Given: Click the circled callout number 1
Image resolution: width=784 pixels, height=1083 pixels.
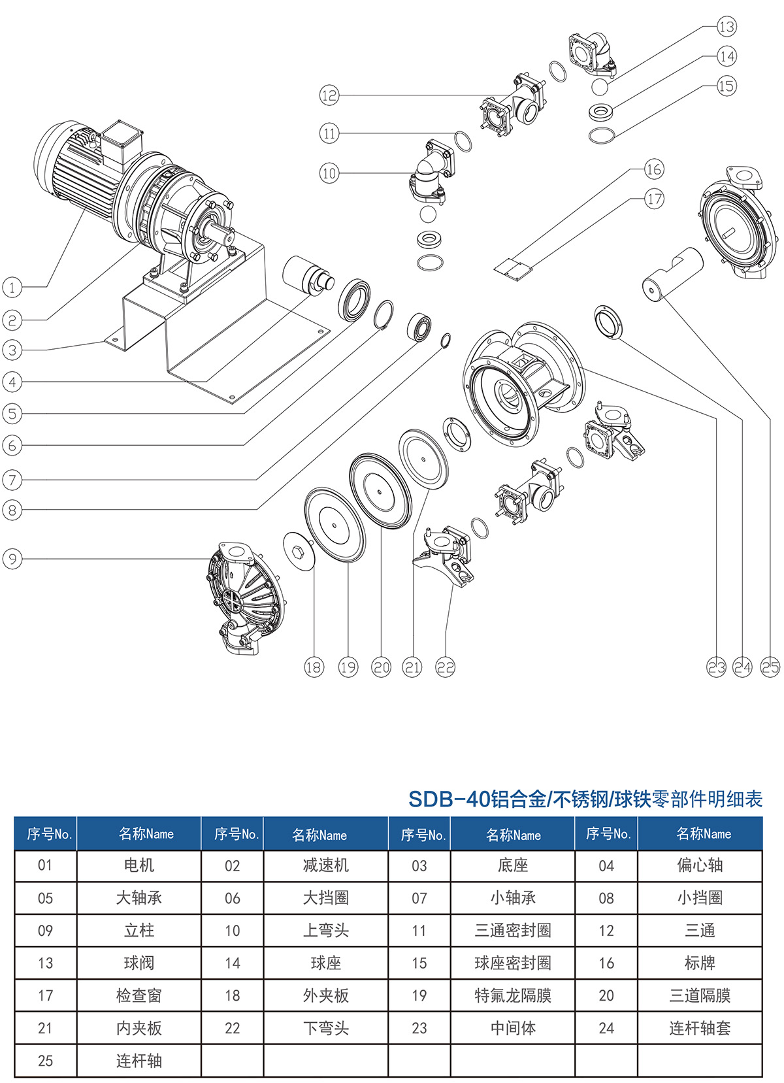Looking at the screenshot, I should pyautogui.click(x=12, y=287).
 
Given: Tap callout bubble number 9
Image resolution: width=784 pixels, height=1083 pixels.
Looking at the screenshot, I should pyautogui.click(x=12, y=559).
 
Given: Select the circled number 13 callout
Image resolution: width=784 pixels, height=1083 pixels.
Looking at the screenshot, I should pyautogui.click(x=727, y=27).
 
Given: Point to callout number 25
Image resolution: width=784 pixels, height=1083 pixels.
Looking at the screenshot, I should pyautogui.click(x=770, y=667).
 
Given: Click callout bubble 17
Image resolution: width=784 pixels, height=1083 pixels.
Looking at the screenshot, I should pyautogui.click(x=654, y=199).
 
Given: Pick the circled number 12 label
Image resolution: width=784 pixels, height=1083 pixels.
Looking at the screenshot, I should pyautogui.click(x=329, y=95).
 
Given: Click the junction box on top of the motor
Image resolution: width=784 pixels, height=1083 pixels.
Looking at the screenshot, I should pyautogui.click(x=120, y=142).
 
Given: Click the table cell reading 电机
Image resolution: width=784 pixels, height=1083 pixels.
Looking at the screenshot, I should pyautogui.click(x=139, y=865).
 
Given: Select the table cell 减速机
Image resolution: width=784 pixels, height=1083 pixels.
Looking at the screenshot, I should pyautogui.click(x=325, y=865).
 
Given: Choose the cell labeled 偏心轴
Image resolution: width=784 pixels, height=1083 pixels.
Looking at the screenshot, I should pyautogui.click(x=700, y=865).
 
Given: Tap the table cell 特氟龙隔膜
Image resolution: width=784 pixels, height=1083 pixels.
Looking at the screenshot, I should pyautogui.click(x=513, y=995).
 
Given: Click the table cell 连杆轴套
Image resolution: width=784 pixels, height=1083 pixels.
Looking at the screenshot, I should pyautogui.click(x=700, y=1028).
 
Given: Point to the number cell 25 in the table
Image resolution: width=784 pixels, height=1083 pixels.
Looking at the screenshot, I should pyautogui.click(x=45, y=1061).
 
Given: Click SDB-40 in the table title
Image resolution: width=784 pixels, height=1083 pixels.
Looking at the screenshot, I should pyautogui.click(x=449, y=799).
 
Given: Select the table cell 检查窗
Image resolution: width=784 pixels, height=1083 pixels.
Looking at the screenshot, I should pyautogui.click(x=139, y=995).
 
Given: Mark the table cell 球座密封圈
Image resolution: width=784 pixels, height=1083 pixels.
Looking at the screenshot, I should pyautogui.click(x=513, y=963).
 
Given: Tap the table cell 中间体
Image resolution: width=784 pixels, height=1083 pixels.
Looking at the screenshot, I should pyautogui.click(x=513, y=1028).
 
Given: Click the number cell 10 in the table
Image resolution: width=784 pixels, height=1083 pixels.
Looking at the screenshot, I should pyautogui.click(x=233, y=931).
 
